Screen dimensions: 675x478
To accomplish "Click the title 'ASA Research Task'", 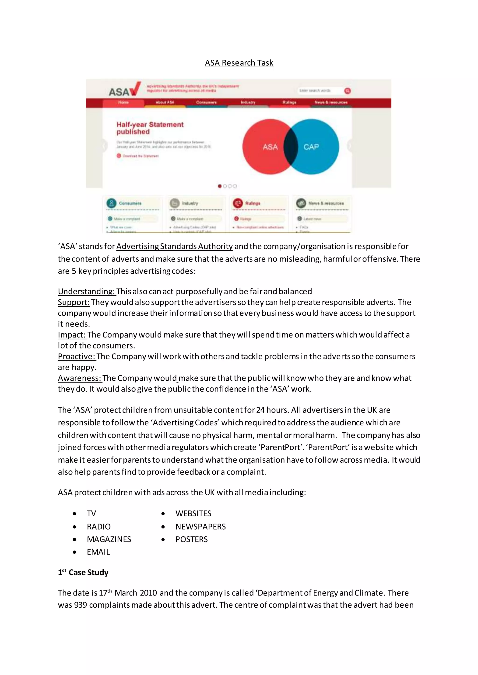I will tap(239, 63).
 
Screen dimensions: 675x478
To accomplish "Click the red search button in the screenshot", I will tap(347, 91).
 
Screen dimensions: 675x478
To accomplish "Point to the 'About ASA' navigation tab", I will tap(165, 102).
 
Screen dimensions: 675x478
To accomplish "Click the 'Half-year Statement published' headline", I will tap(150, 128).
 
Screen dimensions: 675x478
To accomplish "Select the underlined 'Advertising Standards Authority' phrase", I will tap(175, 246).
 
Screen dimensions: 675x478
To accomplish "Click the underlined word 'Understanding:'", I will tap(87, 291).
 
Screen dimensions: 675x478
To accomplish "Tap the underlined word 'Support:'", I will tap(74, 302).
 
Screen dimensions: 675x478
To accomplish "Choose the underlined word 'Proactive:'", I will tap(77, 356).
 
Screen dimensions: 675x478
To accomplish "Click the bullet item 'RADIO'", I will tap(98, 527).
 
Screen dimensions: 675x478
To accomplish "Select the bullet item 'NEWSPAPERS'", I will tap(200, 527).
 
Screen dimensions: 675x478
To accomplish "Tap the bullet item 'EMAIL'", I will tap(98, 552).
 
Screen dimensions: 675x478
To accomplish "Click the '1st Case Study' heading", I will tap(83, 572).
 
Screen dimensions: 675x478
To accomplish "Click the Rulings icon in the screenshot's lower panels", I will tap(238, 203).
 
